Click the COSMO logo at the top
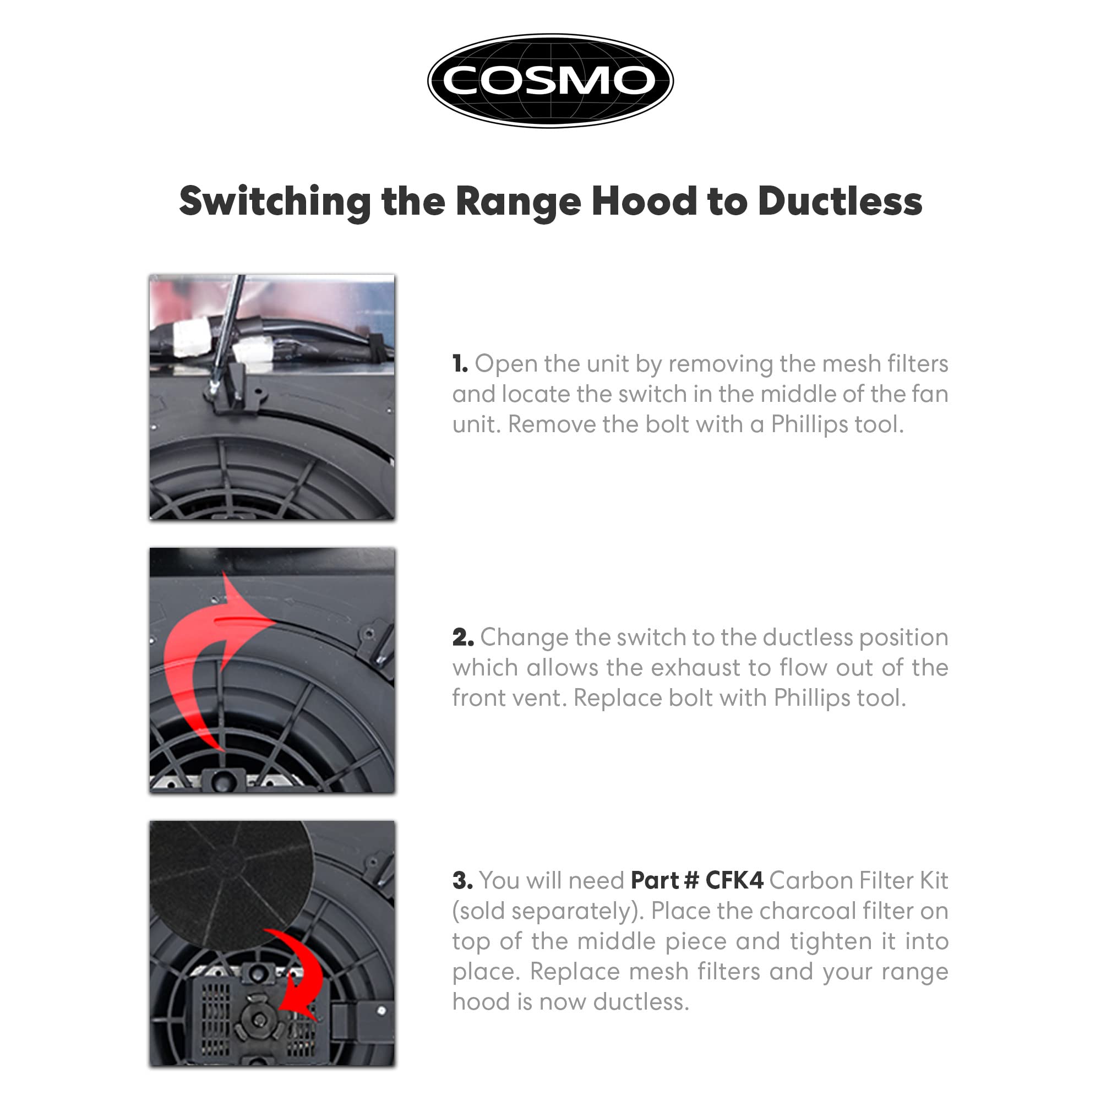(550, 80)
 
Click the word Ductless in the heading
(840, 201)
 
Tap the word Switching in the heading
(275, 202)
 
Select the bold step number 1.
(460, 364)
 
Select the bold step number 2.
(463, 637)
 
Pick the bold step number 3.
(463, 880)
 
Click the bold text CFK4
(734, 880)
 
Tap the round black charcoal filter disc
(231, 884)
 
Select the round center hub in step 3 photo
(260, 1018)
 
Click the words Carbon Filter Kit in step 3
(858, 880)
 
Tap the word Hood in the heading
(644, 201)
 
